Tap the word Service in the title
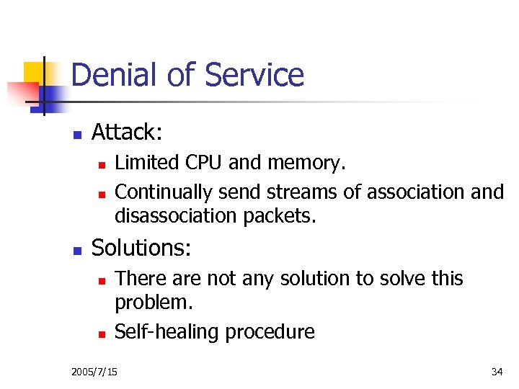pos(254,75)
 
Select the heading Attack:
pos(127,132)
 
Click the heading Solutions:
pos(141,248)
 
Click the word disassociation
pos(172,215)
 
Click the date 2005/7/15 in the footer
pos(95,372)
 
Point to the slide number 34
pos(497,372)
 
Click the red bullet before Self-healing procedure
pos(102,334)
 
